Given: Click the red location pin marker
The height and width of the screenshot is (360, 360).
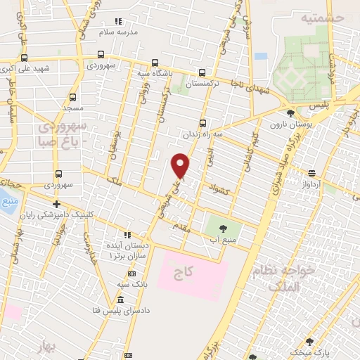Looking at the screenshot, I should coord(181,165).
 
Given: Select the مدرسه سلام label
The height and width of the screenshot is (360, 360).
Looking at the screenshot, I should coord(135,32).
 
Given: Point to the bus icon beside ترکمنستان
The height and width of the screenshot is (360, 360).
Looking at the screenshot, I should coord(202,72).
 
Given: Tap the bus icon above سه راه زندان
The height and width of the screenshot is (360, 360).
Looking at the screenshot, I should coord(203,122).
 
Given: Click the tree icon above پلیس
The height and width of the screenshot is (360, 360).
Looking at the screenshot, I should coord(290,112).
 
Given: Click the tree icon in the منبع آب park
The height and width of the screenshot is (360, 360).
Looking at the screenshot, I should coord(223,228).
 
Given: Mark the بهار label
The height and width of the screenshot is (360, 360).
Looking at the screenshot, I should coord(47,348).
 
